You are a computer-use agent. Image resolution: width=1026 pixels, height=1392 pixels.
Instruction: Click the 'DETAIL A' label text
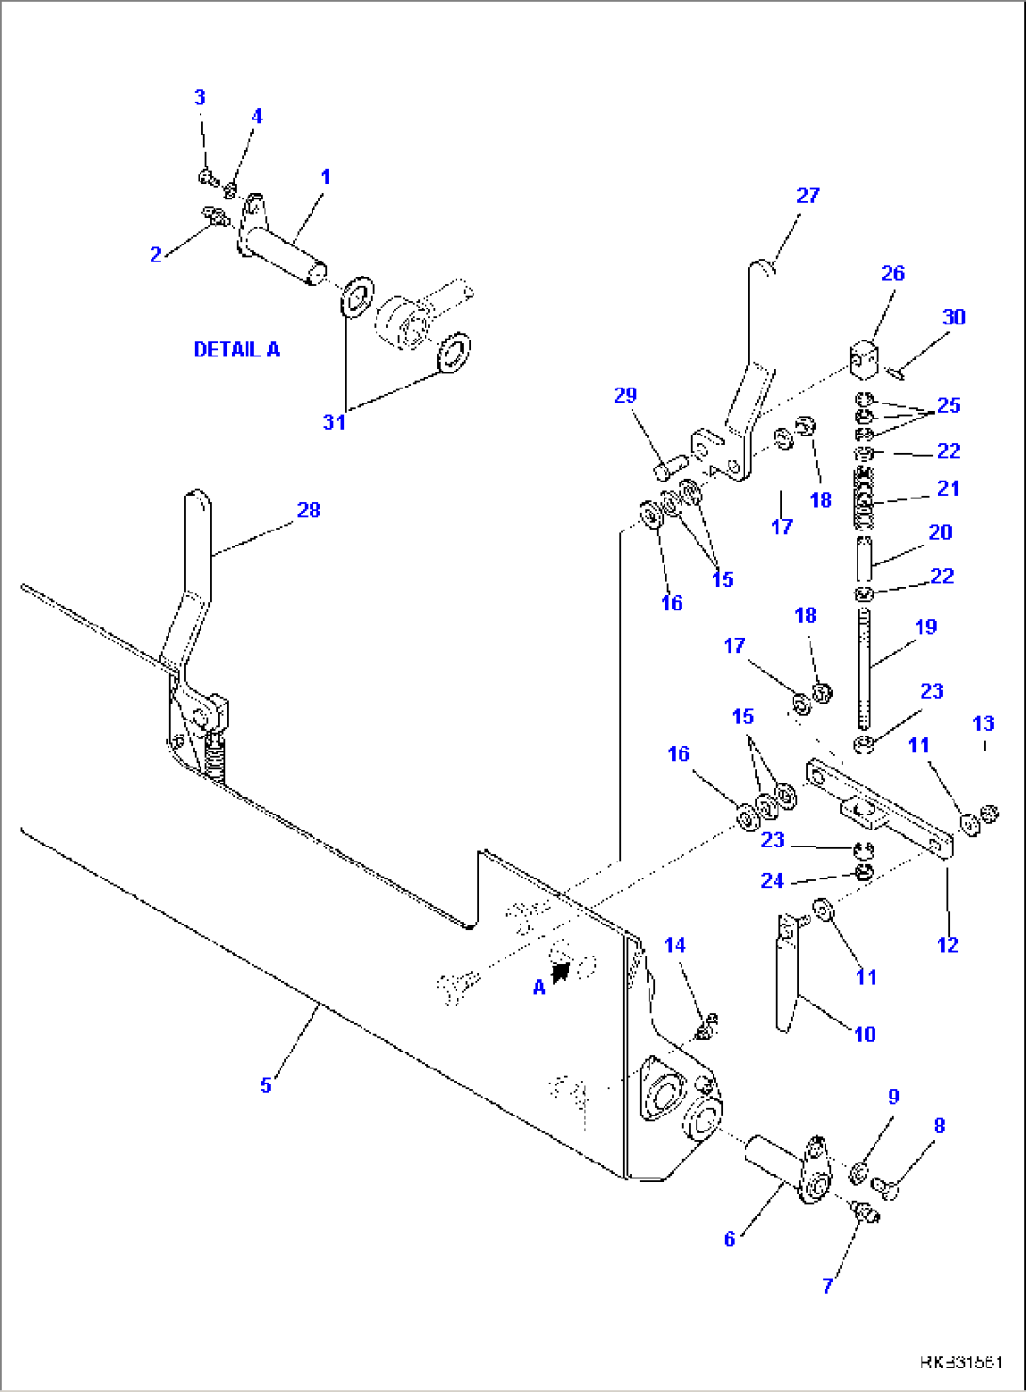pos(236,350)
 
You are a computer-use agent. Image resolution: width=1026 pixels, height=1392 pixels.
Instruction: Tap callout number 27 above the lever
pos(808,196)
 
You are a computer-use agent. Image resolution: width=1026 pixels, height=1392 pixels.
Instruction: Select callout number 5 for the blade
pos(265,1085)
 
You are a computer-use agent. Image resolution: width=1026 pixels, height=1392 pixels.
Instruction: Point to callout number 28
pos(309,510)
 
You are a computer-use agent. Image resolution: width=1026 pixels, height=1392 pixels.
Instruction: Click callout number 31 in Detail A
pos(334,422)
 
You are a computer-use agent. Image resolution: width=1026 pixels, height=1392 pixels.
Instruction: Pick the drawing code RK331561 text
pos(960,1362)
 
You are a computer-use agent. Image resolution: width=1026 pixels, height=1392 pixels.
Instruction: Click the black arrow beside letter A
pos(562,972)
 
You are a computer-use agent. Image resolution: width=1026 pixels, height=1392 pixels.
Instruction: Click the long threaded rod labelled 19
pos(864,668)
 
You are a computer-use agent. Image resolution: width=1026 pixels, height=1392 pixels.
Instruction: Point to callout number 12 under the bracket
pos(947,944)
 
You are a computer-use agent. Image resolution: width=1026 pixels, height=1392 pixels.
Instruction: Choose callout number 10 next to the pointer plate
pos(865,1035)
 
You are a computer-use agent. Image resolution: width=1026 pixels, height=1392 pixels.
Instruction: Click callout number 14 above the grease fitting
pos(676,945)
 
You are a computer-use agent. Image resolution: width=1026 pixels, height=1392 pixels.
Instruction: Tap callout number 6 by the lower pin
pos(729,1240)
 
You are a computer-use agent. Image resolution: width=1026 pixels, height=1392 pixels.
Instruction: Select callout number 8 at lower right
pos(938,1126)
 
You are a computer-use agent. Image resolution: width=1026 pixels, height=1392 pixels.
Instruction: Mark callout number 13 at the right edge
pos(983,723)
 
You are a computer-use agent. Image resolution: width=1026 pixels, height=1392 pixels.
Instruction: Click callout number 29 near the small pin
pos(625,395)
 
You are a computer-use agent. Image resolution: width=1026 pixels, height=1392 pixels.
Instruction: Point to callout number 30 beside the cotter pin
pos(954,318)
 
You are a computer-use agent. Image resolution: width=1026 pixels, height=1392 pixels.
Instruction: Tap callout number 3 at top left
pos(200,98)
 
